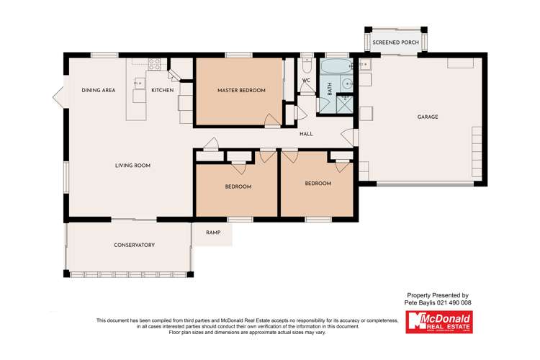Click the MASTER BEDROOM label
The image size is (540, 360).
pyautogui.click(x=241, y=91)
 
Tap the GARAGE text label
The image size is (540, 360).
pyautogui.click(x=428, y=117)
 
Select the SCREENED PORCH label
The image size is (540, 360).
pyautogui.click(x=395, y=43)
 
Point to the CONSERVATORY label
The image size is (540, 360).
pyautogui.click(x=134, y=245)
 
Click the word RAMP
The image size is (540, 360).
pyautogui.click(x=213, y=233)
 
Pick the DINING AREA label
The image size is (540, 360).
pyautogui.click(x=99, y=91)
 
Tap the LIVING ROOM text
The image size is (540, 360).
pyautogui.click(x=132, y=166)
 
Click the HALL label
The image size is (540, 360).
pyautogui.click(x=307, y=133)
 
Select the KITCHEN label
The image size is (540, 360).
pyautogui.click(x=162, y=91)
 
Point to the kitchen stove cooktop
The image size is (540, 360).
pyautogui.click(x=153, y=63)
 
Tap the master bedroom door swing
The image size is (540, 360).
pyautogui.click(x=271, y=120)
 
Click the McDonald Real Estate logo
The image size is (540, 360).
pyautogui.click(x=438, y=322)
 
